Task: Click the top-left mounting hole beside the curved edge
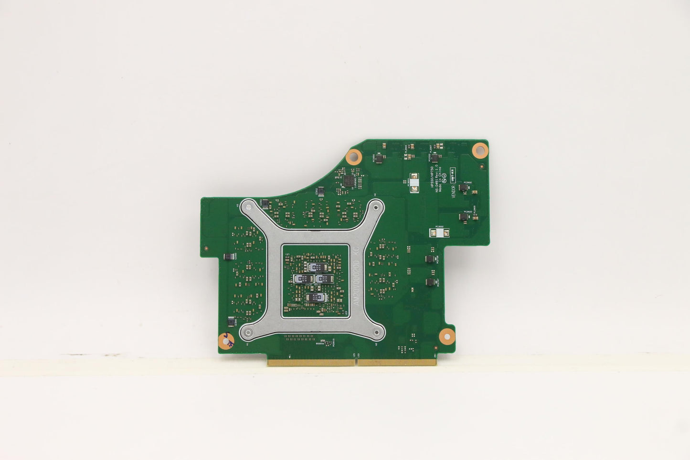(354, 155)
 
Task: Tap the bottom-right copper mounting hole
(445, 333)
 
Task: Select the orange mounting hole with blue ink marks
(223, 340)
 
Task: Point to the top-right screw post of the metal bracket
(376, 207)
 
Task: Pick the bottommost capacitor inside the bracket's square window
(315, 298)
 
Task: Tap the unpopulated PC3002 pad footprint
(440, 233)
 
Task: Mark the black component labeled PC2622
(463, 217)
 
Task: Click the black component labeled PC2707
(429, 282)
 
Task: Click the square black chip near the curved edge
(349, 181)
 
